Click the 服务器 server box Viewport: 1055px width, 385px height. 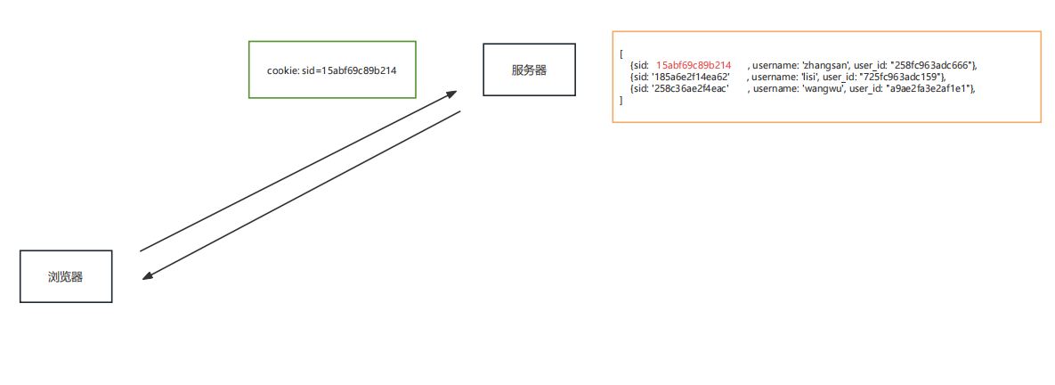[x=528, y=70]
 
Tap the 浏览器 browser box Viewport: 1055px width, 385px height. [x=66, y=276]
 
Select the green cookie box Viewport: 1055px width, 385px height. [x=332, y=69]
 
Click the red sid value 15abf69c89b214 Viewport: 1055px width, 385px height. [x=694, y=65]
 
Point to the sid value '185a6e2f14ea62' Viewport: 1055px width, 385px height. [x=692, y=77]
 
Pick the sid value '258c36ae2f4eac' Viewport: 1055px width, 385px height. [x=691, y=88]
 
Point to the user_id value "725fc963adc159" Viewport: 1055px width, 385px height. [x=902, y=77]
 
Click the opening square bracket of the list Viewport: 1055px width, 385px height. [x=621, y=53]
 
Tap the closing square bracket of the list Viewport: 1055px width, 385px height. [x=621, y=100]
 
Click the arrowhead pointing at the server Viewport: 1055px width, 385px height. [x=451, y=93]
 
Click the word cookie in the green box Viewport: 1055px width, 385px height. [x=281, y=70]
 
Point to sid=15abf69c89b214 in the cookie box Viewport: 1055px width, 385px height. [x=350, y=70]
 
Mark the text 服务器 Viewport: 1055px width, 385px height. [x=528, y=70]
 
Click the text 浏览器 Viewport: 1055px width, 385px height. [x=66, y=276]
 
